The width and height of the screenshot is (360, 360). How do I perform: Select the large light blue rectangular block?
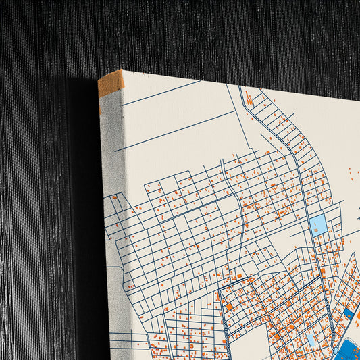[318, 225]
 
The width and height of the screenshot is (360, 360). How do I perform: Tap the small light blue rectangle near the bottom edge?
[309, 336]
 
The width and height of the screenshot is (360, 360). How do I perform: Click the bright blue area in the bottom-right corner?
[351, 350]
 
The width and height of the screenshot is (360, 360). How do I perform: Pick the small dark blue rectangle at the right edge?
[347, 313]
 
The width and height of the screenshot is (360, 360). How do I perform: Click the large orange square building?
[228, 307]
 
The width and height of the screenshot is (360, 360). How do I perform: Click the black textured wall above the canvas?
[203, 34]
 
